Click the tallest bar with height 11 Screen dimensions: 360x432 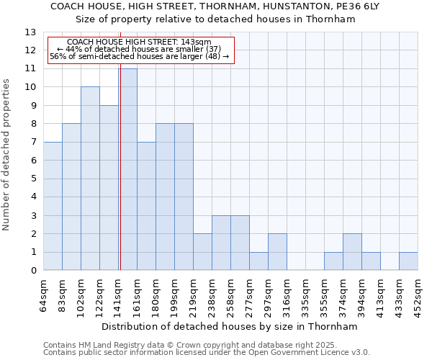pyautogui.click(x=128, y=169)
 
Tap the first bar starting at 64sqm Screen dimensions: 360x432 pyautogui.click(x=53, y=206)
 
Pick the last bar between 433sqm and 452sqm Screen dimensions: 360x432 pyautogui.click(x=408, y=261)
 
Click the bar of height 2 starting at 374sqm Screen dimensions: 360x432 pyautogui.click(x=352, y=252)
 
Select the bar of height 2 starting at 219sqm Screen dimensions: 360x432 pyautogui.click(x=202, y=252)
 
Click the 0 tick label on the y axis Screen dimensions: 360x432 pyautogui.click(x=33, y=271)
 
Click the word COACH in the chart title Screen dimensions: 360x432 pyautogui.click(x=71, y=6)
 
